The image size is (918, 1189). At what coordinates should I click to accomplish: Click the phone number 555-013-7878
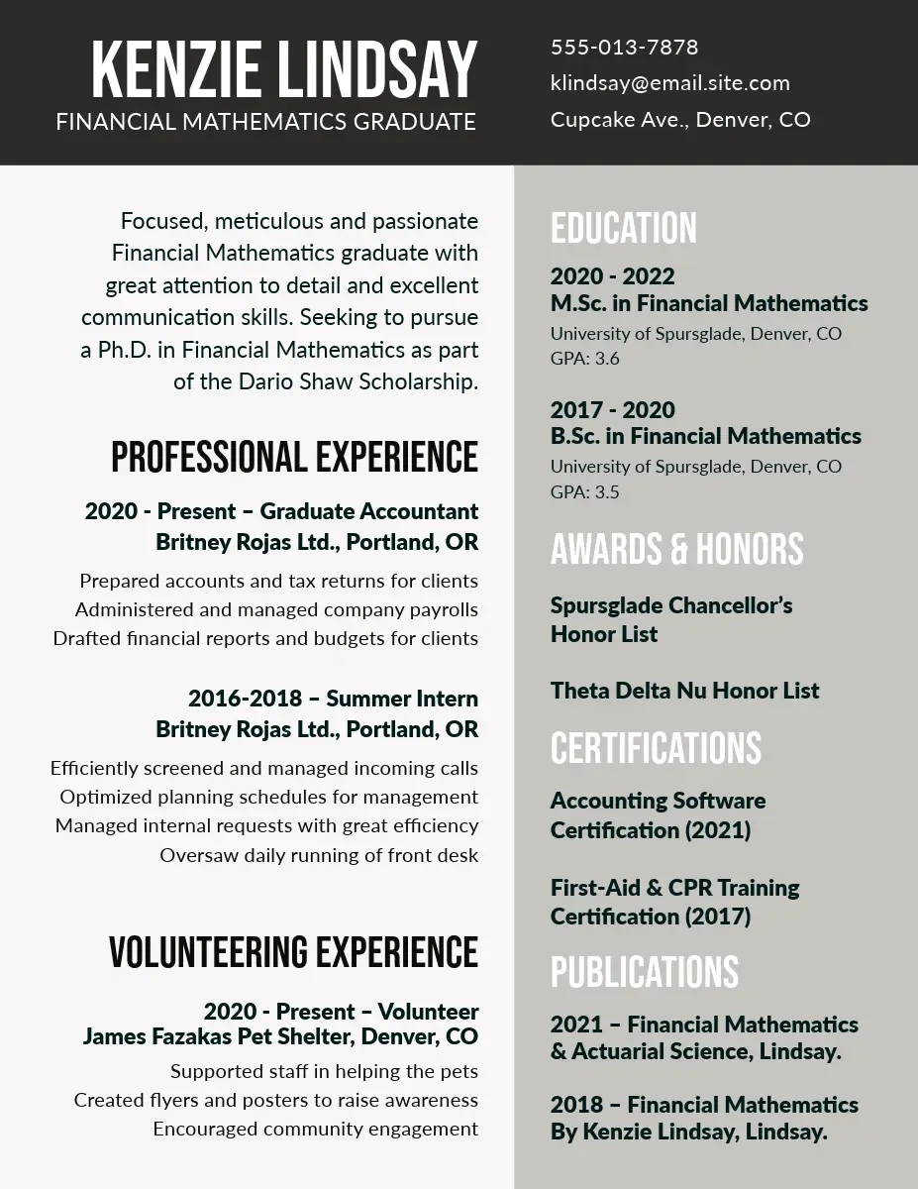coord(624,48)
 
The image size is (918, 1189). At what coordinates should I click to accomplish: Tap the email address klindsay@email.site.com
coord(669,83)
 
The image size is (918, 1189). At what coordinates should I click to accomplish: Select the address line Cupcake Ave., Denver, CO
coord(680,120)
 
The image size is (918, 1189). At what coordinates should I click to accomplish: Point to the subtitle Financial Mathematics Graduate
coord(265,122)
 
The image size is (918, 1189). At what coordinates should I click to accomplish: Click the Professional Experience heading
coord(294,457)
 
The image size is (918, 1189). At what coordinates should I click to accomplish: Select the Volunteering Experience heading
coord(293,951)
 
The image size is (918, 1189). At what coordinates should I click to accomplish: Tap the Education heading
coord(624,228)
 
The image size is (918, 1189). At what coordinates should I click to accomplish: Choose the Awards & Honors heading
coord(676,548)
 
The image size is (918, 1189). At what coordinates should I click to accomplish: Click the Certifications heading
coord(656,748)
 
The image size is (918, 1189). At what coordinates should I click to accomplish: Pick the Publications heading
coord(645,972)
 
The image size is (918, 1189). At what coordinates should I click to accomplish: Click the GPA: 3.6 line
coord(584,359)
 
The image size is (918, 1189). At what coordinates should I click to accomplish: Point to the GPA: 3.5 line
coord(584,491)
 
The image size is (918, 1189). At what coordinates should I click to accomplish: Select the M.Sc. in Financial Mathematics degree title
coord(709,303)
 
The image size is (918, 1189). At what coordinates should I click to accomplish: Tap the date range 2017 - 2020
coord(612,410)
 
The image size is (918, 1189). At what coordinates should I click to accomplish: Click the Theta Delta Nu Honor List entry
coord(684,691)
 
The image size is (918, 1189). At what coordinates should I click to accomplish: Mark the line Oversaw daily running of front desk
coord(319,855)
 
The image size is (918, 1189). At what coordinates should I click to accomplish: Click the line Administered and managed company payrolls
coord(276,609)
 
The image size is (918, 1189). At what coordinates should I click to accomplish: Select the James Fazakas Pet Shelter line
coord(280,1037)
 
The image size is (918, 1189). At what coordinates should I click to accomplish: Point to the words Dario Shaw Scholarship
coord(357,381)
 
